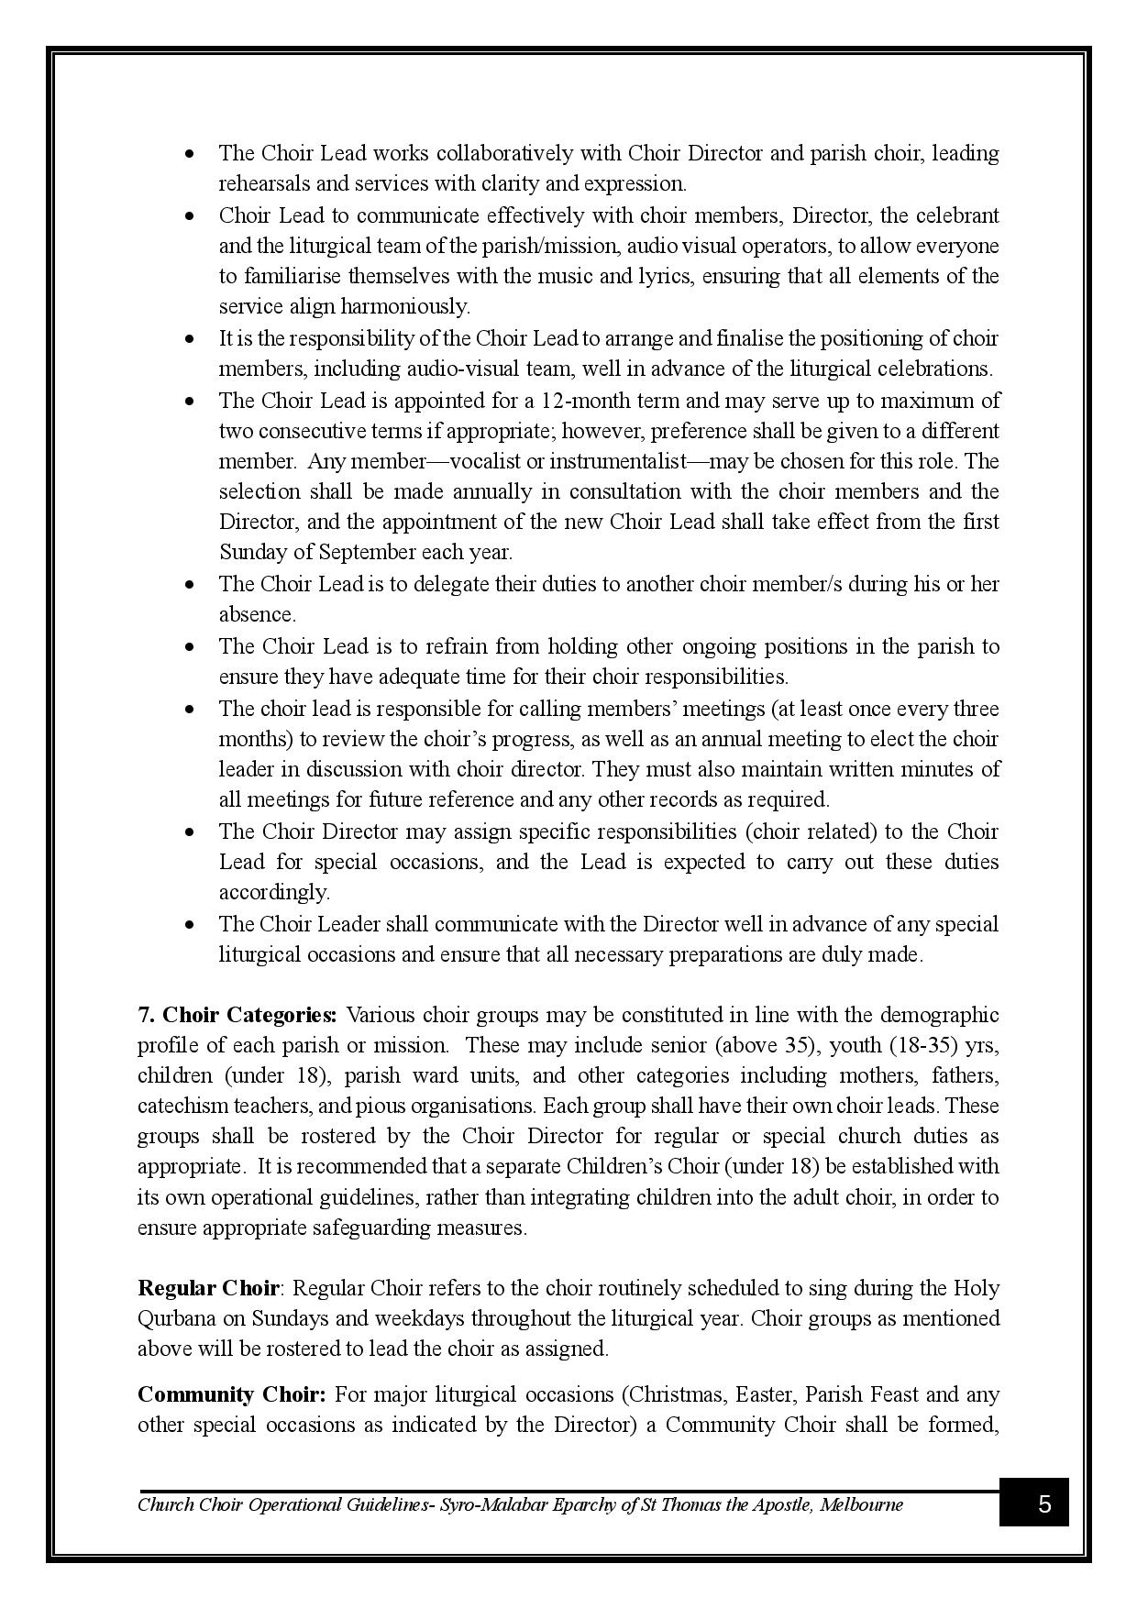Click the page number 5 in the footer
coord(1043,1504)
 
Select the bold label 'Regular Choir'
coord(208,1288)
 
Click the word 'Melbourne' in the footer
coord(862,1504)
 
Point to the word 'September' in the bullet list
coord(367,552)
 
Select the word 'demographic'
coord(939,1015)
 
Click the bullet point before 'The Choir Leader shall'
coord(190,924)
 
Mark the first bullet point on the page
coord(190,153)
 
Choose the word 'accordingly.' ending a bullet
coord(273,892)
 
